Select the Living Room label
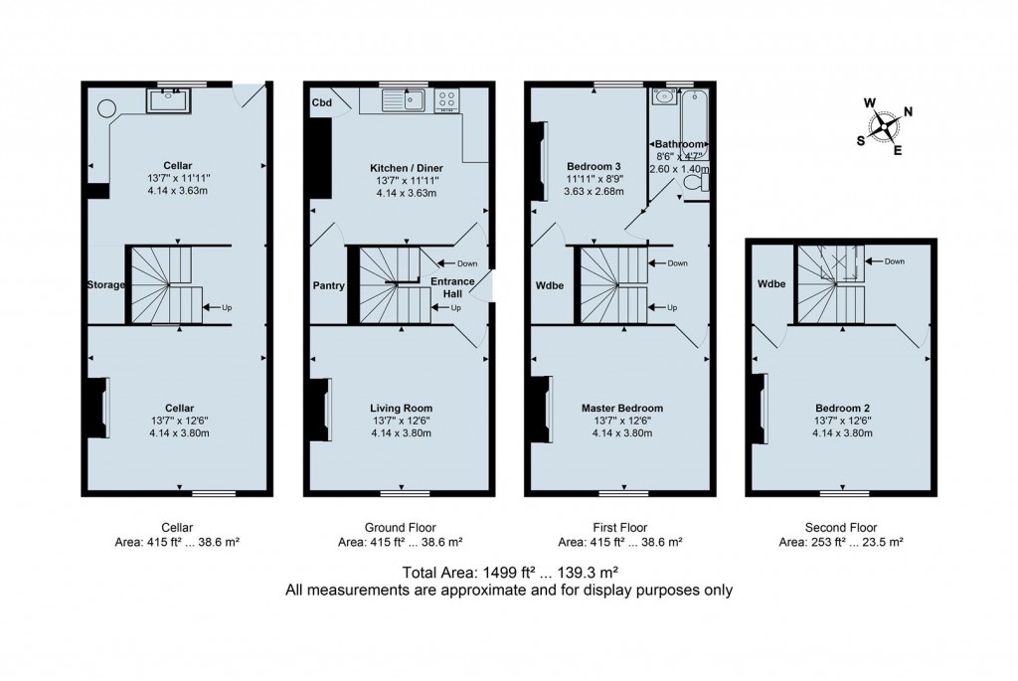coord(401,408)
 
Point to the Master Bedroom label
coord(621,408)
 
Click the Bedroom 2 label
coord(843,408)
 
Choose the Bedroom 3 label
coord(594,166)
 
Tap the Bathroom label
coord(680,144)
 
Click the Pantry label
coord(328,286)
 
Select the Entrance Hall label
coord(452,287)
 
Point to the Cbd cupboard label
coord(321,102)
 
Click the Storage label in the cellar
coord(104,285)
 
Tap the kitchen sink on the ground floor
coord(406,98)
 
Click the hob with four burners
coord(447,98)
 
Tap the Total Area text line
coord(509,572)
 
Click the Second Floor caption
coord(842,527)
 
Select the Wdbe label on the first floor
coord(550,286)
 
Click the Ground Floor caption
coord(401,527)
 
